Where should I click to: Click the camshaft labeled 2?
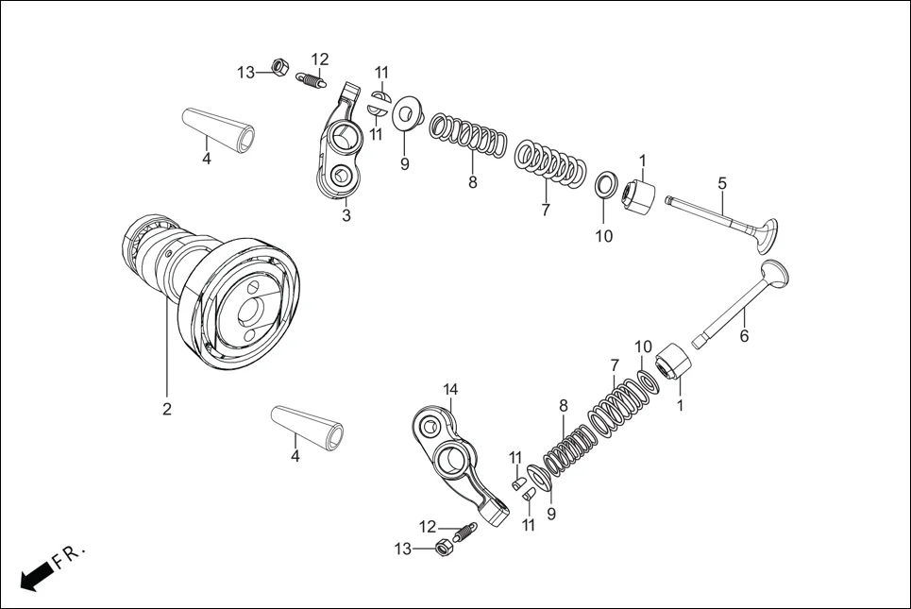coord(217,293)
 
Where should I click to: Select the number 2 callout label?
coord(166,410)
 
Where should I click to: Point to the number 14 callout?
coord(450,390)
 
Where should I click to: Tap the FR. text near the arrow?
coord(71,556)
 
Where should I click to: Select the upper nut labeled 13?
coord(278,67)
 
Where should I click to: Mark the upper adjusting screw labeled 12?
coord(312,81)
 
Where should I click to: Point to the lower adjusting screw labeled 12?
coord(463,533)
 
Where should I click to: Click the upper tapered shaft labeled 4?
coord(218,127)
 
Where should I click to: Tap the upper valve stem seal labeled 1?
coord(639,196)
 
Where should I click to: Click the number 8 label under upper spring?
coord(473,182)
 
